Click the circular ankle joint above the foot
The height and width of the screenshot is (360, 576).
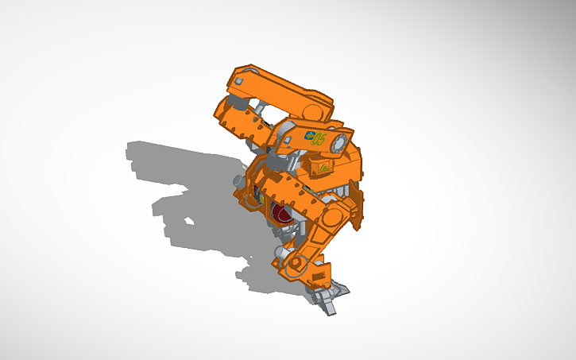pos(295,261)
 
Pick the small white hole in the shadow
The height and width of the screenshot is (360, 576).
pos(189,220)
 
